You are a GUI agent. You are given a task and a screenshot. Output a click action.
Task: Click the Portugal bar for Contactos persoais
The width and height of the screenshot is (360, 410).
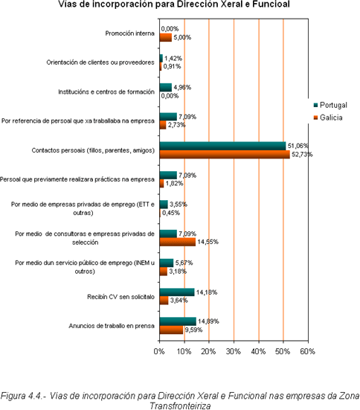[222, 146]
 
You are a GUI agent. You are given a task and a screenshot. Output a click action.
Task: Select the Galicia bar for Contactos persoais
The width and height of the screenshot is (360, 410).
[225, 154]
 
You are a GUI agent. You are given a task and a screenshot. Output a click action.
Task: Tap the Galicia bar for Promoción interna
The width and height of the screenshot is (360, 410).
[165, 37]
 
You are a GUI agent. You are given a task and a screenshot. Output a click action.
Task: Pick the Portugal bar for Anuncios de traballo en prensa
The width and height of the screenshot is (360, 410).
[178, 321]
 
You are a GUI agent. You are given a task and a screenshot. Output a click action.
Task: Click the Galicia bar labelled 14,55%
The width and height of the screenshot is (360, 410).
[178, 242]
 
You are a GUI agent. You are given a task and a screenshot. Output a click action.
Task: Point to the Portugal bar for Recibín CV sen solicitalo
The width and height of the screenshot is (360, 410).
[177, 292]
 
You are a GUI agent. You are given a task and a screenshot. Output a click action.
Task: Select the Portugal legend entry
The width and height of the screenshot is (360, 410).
[330, 105]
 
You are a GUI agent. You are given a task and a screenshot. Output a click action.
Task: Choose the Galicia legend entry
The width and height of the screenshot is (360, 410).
[328, 118]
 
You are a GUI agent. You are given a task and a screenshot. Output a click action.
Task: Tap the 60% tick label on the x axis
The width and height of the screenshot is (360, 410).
[308, 351]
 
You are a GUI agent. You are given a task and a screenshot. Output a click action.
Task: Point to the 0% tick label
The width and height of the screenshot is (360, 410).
[159, 351]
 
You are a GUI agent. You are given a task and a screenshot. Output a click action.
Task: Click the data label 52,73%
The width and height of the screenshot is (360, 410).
[302, 155]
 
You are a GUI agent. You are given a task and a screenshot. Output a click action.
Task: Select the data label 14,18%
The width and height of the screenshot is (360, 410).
[207, 292]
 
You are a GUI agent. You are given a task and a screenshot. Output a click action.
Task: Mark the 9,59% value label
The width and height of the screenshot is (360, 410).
[193, 330]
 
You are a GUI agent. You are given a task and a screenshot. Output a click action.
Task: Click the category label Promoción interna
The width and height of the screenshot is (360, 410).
[129, 33]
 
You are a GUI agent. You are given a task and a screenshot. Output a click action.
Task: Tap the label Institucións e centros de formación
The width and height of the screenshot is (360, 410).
[106, 92]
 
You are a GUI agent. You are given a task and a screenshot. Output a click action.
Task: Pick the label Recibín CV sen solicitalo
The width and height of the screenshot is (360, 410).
[120, 297]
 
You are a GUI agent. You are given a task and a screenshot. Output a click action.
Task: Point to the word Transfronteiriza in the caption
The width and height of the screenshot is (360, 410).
[180, 406]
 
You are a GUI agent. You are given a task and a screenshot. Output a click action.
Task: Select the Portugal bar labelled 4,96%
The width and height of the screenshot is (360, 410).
[165, 87]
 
